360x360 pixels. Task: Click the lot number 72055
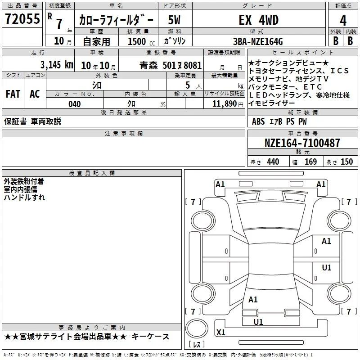pyautogui.click(x=22, y=19)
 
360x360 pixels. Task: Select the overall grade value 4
pyautogui.click(x=343, y=21)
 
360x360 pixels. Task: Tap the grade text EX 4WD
pyautogui.click(x=259, y=20)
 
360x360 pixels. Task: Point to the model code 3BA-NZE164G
pyautogui.click(x=258, y=41)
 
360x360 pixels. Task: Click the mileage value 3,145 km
pyautogui.click(x=57, y=65)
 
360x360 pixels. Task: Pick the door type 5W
pyautogui.click(x=174, y=20)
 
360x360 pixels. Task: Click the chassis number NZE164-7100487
pyautogui.click(x=302, y=143)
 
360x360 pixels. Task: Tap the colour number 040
pyautogui.click(x=74, y=104)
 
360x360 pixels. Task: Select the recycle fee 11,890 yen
pyautogui.click(x=228, y=104)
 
